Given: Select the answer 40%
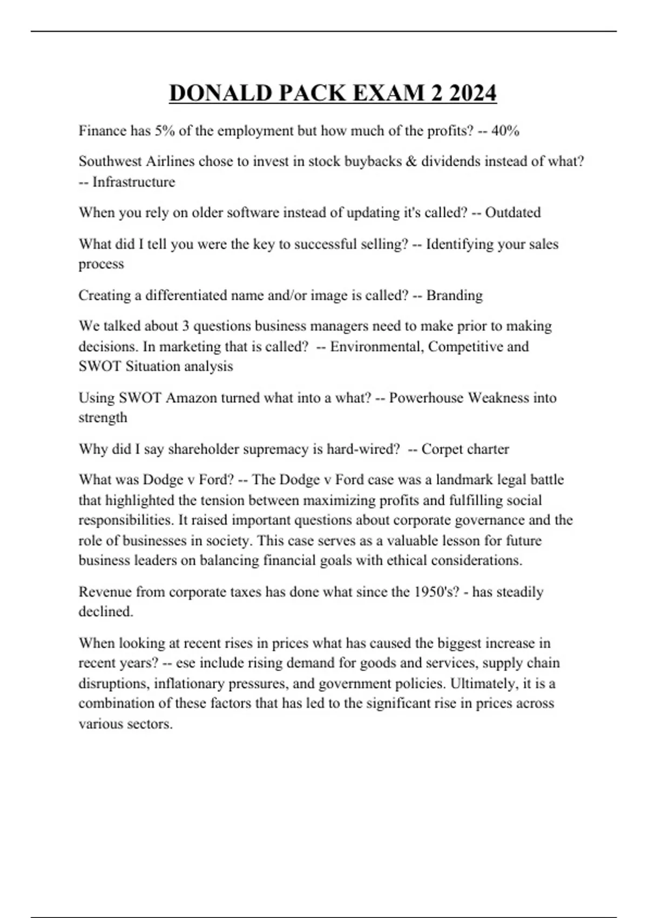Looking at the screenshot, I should tap(505, 131).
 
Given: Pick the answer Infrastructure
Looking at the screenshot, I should tap(134, 182).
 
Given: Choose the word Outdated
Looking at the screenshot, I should tap(512, 213).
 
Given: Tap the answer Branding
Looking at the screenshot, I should tap(455, 295).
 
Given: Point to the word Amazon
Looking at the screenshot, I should tap(192, 398).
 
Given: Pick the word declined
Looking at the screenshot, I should tap(106, 612).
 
